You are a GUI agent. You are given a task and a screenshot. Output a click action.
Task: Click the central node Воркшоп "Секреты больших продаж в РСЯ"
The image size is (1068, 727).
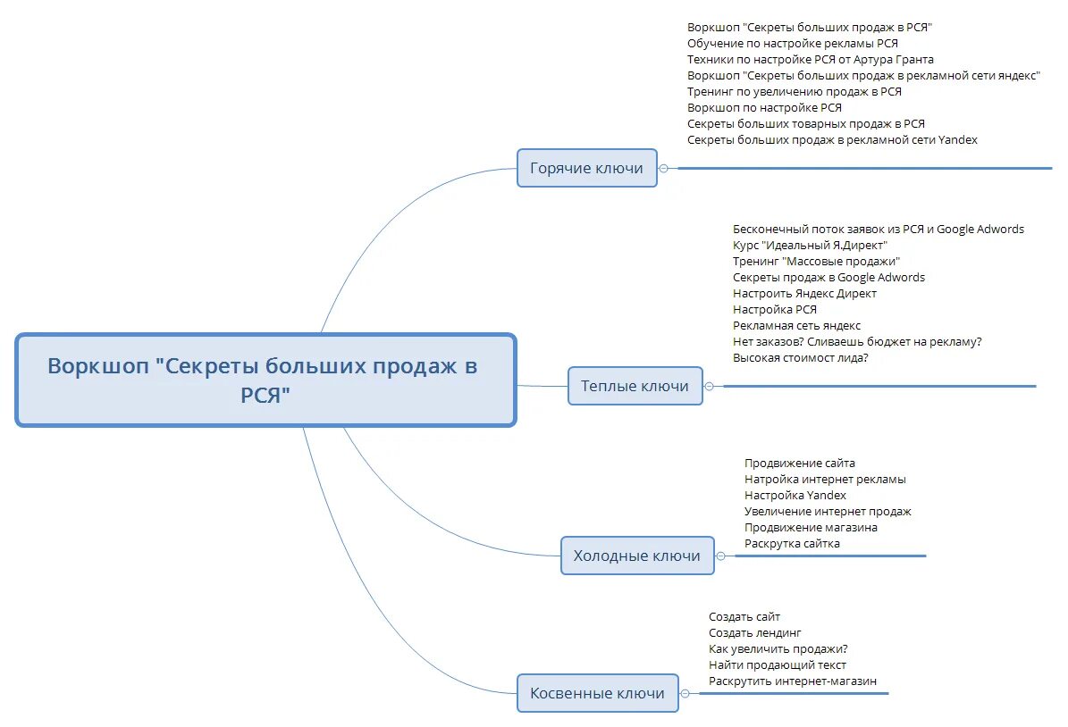click(265, 380)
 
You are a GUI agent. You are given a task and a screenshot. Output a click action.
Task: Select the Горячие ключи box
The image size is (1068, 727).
click(586, 168)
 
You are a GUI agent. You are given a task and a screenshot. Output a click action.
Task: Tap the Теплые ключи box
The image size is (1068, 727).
click(635, 386)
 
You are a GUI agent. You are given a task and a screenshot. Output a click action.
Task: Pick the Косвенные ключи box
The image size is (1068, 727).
click(597, 693)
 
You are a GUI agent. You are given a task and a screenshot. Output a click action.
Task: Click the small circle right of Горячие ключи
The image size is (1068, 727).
click(663, 168)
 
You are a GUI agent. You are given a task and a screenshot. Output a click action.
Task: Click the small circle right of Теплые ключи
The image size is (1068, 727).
click(709, 386)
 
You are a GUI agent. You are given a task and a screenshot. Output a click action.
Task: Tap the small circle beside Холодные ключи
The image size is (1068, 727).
click(720, 556)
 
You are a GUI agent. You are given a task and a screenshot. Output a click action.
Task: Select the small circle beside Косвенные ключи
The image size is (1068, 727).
click(685, 693)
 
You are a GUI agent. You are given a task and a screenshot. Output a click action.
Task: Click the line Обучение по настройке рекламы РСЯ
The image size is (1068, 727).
click(792, 43)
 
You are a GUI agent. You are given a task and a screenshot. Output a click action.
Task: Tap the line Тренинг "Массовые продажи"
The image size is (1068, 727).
click(816, 261)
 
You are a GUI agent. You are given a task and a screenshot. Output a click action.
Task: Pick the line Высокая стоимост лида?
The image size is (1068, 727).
click(800, 357)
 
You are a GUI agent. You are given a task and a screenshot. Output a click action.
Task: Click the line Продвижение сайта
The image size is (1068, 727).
click(799, 463)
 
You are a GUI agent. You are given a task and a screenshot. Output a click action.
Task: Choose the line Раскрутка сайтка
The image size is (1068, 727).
click(792, 543)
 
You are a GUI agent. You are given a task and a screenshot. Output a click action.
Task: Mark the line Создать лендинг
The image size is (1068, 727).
click(754, 632)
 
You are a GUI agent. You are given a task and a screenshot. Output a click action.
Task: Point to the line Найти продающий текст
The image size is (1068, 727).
click(777, 664)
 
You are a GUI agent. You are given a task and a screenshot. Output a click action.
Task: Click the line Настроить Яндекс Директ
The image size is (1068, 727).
click(804, 293)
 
